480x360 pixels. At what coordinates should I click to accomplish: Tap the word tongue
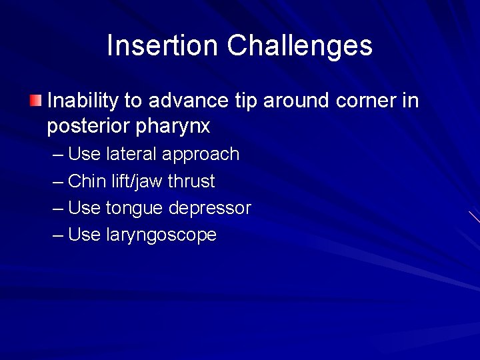coord(135,209)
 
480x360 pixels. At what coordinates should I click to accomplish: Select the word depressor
coord(209,209)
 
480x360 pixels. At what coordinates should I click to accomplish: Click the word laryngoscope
coord(161,235)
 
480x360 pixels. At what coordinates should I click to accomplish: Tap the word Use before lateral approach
coord(85,155)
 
